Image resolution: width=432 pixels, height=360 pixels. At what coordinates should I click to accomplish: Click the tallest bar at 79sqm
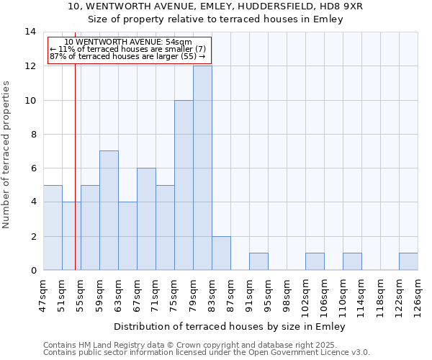pos(202,168)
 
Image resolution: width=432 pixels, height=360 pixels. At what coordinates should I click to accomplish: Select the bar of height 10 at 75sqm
pos(184,185)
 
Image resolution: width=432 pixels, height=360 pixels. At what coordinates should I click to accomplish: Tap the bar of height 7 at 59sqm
pos(109,210)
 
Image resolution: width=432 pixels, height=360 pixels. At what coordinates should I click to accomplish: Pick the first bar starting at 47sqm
pos(53,228)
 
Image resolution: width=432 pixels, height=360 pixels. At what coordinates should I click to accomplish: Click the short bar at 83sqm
pos(221,253)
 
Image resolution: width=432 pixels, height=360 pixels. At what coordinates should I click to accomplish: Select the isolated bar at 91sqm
pos(258,261)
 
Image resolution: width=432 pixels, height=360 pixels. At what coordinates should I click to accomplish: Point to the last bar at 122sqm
pos(408,261)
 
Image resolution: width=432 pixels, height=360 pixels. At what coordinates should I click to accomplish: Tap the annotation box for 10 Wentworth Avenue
pos(129,50)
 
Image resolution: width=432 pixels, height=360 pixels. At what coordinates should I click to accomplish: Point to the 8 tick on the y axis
pos(32,134)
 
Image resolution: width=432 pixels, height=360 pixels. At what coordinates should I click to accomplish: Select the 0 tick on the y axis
pos(32,270)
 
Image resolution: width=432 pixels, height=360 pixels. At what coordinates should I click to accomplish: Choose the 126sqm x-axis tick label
pos(418,293)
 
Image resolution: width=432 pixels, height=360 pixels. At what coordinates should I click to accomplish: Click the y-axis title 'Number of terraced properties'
pos(6,154)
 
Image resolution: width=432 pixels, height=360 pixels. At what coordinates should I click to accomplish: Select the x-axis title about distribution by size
pos(230,326)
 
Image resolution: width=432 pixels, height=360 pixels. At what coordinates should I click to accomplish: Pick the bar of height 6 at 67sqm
pos(146,219)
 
